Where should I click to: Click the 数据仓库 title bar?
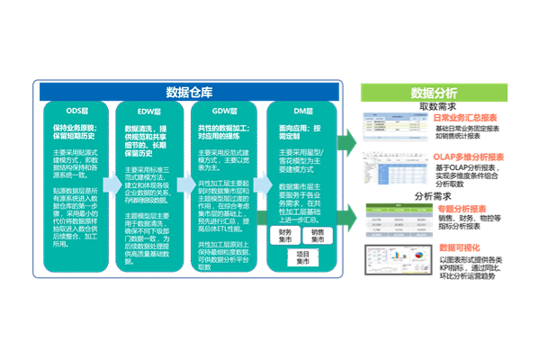coord(188,92)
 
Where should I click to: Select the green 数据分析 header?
coord(433,93)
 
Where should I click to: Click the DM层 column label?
coord(301,112)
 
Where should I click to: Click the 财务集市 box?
coord(284,236)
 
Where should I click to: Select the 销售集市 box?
coord(319,236)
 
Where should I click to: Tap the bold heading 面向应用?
coord(300,131)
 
